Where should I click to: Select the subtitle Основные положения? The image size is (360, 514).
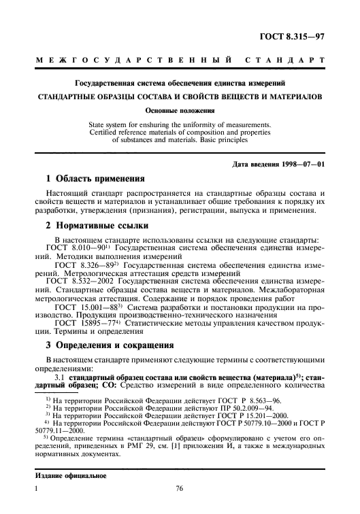click(180, 109)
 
